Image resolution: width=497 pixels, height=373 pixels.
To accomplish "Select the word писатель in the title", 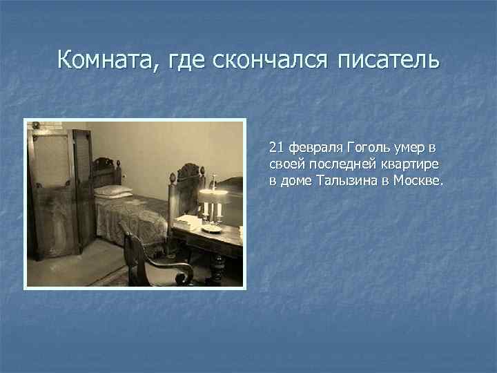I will point(388,60).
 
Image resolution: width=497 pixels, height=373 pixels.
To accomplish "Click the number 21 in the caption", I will point(277,148).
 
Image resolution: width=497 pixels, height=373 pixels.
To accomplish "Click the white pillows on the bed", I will point(112,191).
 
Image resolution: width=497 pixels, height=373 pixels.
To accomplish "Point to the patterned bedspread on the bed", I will point(131,220).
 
